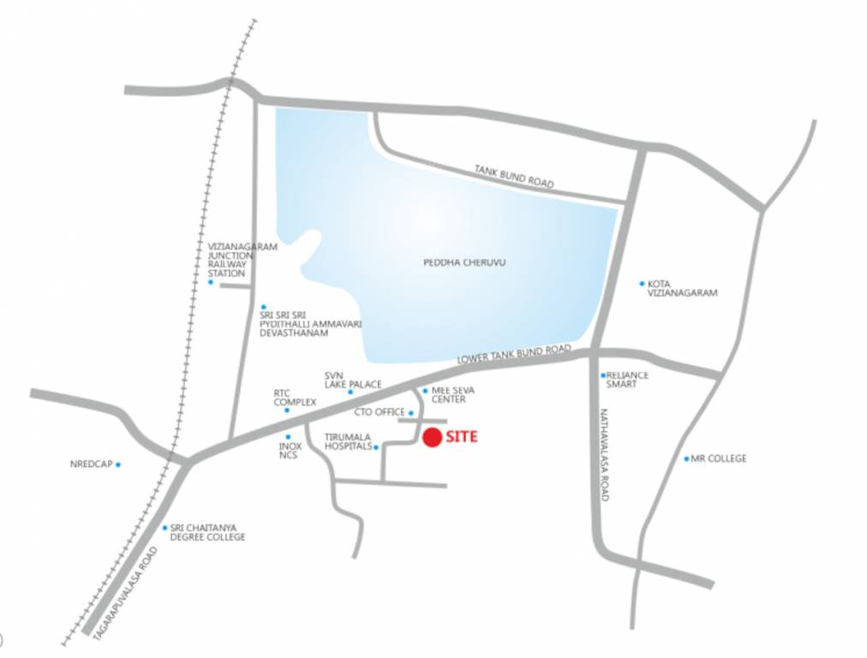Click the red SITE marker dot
point(432,438)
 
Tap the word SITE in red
point(461,437)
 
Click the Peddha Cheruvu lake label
point(464,262)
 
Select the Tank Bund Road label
point(514,176)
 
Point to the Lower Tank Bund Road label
point(513,355)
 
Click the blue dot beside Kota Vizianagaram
point(642,283)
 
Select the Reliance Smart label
point(627,380)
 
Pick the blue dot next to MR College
point(686,458)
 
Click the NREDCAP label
point(91,464)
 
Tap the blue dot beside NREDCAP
point(118,464)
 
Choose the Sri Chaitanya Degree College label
point(207,532)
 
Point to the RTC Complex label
point(295,398)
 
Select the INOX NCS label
point(290,451)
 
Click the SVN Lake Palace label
point(352,380)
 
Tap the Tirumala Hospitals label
point(348,441)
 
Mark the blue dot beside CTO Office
point(411,413)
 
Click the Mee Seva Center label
point(449,395)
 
